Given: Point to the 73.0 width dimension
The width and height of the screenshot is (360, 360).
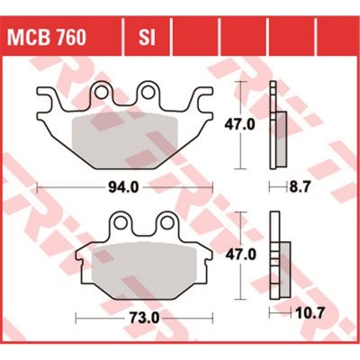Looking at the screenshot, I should click(x=143, y=318).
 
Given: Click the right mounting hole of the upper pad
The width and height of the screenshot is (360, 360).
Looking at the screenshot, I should click(x=148, y=90).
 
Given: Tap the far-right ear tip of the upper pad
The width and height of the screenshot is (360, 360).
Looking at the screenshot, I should click(x=212, y=94).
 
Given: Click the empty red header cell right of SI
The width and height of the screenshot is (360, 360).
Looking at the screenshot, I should click(x=194, y=39).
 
